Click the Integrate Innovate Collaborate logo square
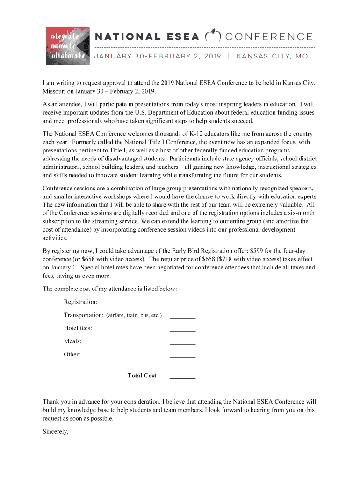pyautogui.click(x=67, y=46)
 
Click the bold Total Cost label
pyautogui.click(x=142, y=376)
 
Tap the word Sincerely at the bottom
pyautogui.click(x=56, y=432)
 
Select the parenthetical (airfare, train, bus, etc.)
pyautogui.click(x=134, y=315)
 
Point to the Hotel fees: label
pyautogui.click(x=78, y=328)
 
